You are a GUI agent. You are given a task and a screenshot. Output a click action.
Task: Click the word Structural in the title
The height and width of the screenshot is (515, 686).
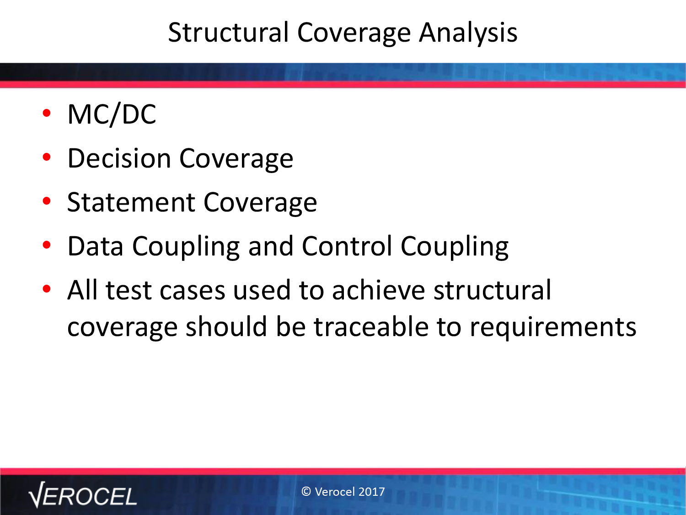point(229,33)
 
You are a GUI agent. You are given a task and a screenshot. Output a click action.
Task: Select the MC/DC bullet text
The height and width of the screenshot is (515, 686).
point(112,115)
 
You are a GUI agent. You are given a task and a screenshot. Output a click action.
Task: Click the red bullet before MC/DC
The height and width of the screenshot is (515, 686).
point(47,113)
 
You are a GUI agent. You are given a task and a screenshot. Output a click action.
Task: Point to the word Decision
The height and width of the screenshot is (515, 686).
point(119,158)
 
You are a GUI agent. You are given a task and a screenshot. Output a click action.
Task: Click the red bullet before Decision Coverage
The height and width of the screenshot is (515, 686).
point(47,157)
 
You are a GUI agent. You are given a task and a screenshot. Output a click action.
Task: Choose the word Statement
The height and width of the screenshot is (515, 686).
point(131,202)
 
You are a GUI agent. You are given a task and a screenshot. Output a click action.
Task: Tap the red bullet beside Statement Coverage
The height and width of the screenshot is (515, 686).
point(47,201)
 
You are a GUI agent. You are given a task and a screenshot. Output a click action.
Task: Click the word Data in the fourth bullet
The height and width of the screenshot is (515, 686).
point(95,246)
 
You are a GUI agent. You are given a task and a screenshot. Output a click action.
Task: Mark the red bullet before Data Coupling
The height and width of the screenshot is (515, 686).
point(47,245)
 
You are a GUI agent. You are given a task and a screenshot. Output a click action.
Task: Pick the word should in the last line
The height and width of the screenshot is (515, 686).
point(226,326)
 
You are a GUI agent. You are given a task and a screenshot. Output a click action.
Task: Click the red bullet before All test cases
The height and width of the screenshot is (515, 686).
point(47,288)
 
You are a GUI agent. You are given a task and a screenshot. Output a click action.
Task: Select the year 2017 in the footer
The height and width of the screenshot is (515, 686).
point(372,492)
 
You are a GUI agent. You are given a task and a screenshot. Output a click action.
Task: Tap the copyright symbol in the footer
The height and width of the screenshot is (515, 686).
point(306,492)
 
